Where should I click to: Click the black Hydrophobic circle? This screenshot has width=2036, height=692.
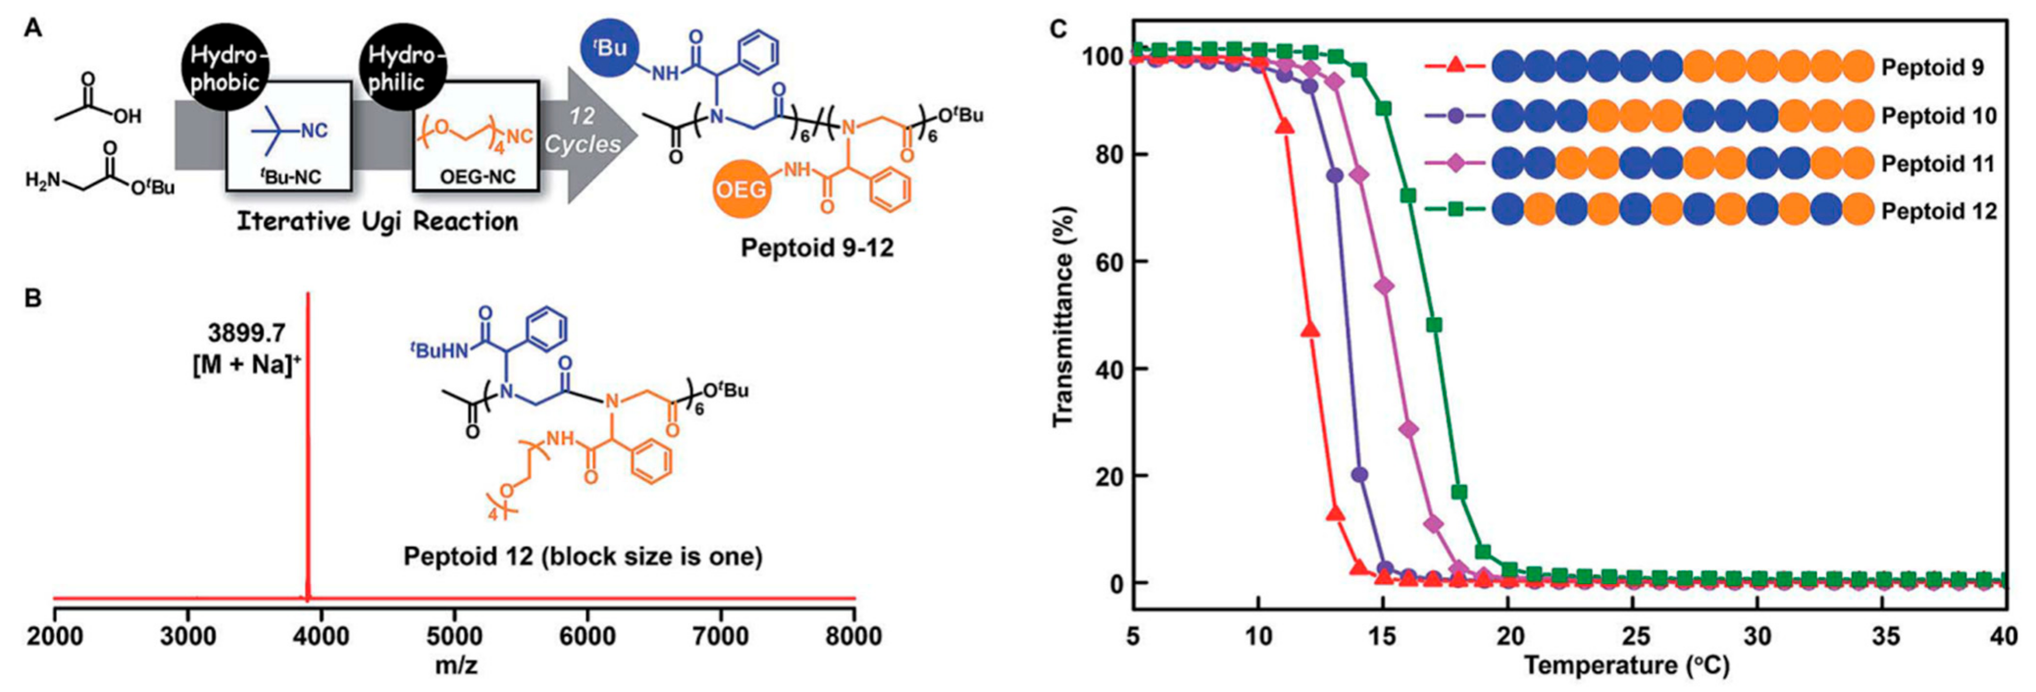[x=225, y=69]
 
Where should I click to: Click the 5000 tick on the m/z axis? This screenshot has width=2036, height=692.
[x=454, y=636]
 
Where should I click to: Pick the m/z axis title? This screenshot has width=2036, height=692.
[x=456, y=666]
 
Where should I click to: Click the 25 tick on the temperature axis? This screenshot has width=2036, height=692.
[x=1633, y=636]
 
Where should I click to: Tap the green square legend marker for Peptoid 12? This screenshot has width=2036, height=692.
[x=1455, y=210]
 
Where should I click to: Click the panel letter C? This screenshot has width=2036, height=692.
[x=1058, y=29]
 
